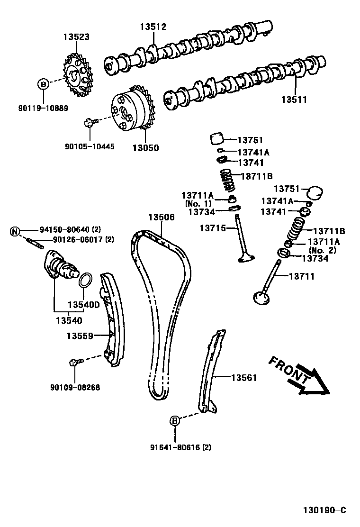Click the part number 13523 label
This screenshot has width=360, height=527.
pos(76,36)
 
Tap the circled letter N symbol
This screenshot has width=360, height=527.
pos(15,231)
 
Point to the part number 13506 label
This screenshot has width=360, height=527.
pos(162,217)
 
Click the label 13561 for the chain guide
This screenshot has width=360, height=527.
pos(243,378)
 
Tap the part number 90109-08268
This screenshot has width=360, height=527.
pos(75,387)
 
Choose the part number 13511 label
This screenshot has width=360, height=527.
pos(294,100)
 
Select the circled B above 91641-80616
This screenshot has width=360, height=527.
pos(174,420)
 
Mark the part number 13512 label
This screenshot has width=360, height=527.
pos(153,27)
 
